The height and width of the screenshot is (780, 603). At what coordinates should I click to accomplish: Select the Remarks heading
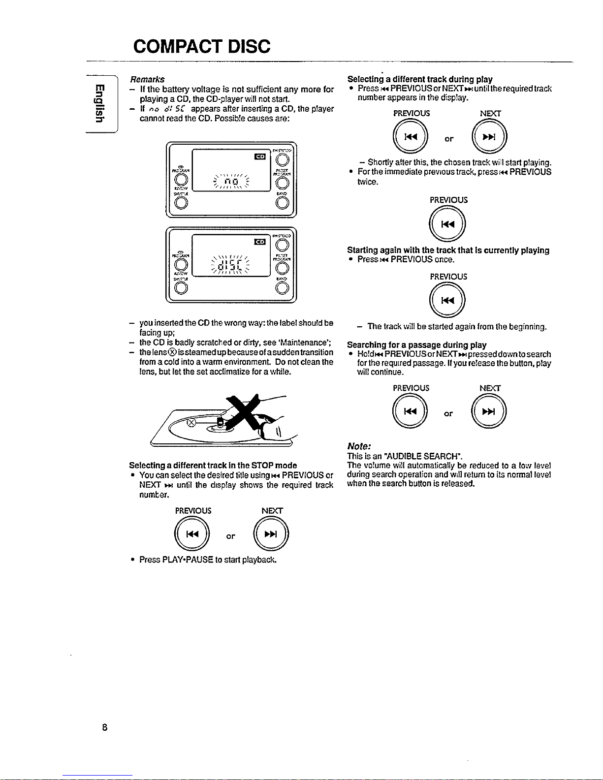(x=147, y=79)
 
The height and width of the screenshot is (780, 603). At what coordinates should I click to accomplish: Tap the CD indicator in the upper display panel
(x=259, y=156)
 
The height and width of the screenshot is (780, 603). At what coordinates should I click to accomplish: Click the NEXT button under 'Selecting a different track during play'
(x=489, y=138)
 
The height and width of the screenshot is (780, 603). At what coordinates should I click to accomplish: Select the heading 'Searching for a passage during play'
(x=416, y=344)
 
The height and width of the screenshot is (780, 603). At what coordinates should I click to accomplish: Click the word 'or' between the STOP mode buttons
(x=230, y=535)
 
